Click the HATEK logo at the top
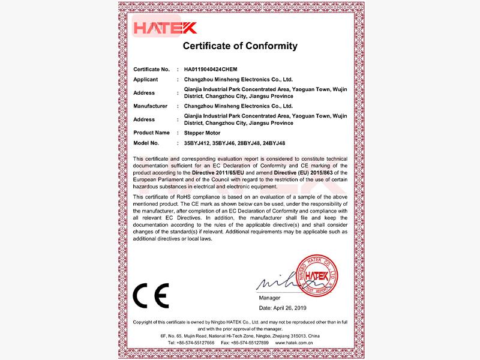point(164,28)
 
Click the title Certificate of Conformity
point(239,46)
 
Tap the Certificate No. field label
point(152,70)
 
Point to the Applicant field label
point(145,79)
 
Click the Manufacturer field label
point(150,106)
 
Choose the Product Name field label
point(151,133)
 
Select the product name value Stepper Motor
point(202,133)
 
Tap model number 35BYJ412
point(197,143)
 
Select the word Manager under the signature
point(269,297)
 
